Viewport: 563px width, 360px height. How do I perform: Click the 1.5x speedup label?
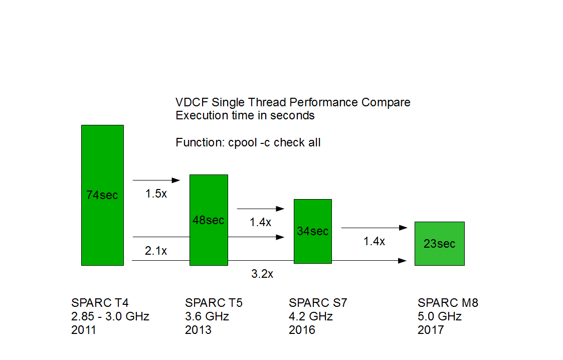(156, 194)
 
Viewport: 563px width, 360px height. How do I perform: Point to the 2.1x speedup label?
(156, 251)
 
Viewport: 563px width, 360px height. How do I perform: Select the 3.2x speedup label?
(262, 274)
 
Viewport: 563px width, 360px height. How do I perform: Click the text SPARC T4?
(100, 303)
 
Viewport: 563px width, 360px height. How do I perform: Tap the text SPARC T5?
(214, 303)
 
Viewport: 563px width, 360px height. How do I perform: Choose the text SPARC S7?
(318, 303)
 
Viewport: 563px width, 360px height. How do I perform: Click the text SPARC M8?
(448, 303)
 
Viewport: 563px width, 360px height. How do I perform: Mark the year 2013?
(198, 330)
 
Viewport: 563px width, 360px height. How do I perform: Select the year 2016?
(302, 330)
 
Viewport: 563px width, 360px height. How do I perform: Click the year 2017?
(431, 330)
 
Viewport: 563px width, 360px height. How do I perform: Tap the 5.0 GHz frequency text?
(440, 316)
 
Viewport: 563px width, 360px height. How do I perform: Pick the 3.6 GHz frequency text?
(207, 316)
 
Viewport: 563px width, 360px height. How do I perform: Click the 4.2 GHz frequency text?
(311, 316)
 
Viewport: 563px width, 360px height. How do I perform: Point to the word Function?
(198, 142)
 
